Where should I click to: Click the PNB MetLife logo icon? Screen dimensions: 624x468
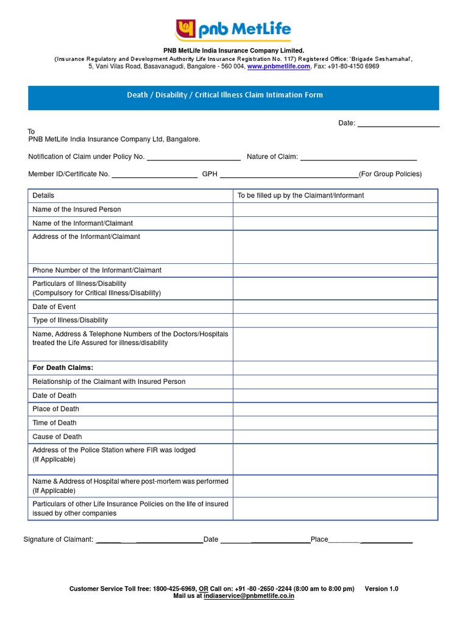pyautogui.click(x=186, y=29)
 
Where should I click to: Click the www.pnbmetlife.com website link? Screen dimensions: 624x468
pyautogui.click(x=278, y=66)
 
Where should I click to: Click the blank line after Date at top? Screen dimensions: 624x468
pyautogui.click(x=399, y=124)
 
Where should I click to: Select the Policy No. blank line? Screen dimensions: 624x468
pyautogui.click(x=194, y=157)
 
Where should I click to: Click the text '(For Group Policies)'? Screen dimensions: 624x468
pyautogui.click(x=390, y=174)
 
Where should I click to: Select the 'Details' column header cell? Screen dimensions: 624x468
pyautogui.click(x=44, y=196)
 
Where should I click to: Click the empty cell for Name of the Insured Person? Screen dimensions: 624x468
pyautogui.click(x=335, y=210)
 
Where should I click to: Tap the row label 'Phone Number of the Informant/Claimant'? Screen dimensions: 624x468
pyautogui.click(x=97, y=270)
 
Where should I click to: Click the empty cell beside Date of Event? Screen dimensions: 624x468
pyautogui.click(x=335, y=307)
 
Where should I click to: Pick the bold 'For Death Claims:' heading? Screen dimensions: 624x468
pyautogui.click(x=63, y=367)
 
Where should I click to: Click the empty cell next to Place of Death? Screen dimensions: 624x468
pyautogui.click(x=335, y=409)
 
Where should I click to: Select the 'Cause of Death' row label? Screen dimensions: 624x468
pyautogui.click(x=57, y=436)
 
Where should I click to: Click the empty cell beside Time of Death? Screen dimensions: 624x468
pyautogui.click(x=335, y=422)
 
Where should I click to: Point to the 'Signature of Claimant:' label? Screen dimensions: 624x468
pyautogui.click(x=58, y=539)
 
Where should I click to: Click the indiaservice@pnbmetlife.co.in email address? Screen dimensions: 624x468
pyautogui.click(x=249, y=596)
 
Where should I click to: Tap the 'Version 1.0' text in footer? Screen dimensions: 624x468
pyautogui.click(x=381, y=589)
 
